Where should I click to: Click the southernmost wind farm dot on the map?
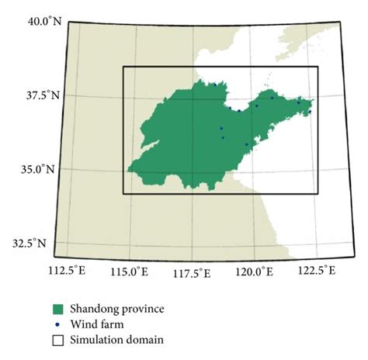247,144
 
